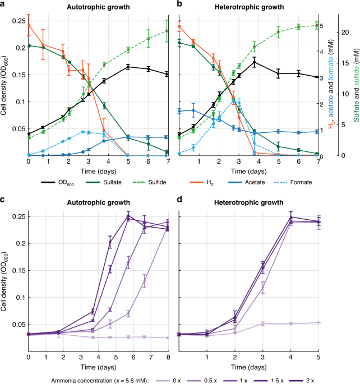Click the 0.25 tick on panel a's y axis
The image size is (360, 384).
pyautogui.click(x=18, y=20)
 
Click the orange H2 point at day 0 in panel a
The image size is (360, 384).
pyautogui.click(x=29, y=25)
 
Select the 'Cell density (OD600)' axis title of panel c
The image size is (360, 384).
pyautogui.click(x=5, y=280)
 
